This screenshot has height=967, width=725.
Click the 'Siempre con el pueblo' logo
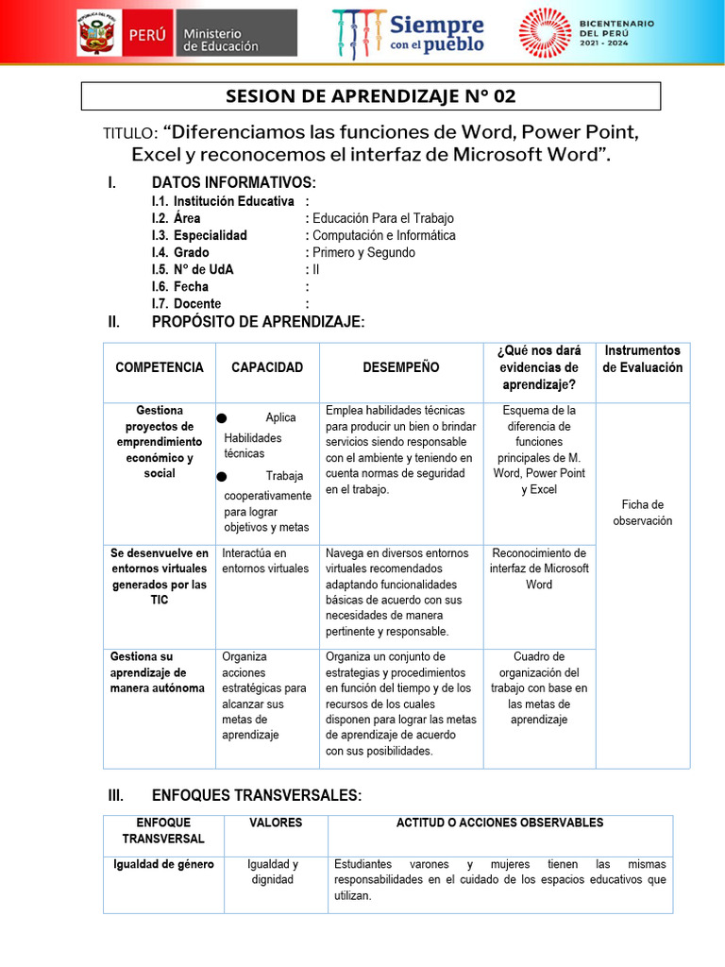click(x=408, y=33)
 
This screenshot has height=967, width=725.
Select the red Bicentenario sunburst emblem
click(x=545, y=33)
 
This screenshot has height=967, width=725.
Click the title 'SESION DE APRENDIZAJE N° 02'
click(x=371, y=96)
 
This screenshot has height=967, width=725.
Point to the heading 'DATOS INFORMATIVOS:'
click(x=233, y=182)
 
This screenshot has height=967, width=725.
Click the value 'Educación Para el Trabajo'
click(x=382, y=218)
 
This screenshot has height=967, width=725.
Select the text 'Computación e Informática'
click(x=383, y=235)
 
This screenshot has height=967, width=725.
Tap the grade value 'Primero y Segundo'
click(x=363, y=252)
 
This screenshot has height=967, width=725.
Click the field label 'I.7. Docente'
click(x=186, y=303)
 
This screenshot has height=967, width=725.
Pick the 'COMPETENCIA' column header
click(x=160, y=367)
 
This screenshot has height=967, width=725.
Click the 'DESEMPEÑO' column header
click(x=400, y=367)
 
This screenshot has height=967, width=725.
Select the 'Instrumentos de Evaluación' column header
click(x=642, y=359)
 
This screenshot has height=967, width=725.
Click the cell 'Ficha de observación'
click(x=642, y=513)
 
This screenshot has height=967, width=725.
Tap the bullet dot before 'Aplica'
click(x=222, y=418)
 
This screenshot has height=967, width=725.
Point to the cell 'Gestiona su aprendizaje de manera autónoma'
click(x=157, y=671)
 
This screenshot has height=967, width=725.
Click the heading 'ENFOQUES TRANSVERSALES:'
click(x=256, y=796)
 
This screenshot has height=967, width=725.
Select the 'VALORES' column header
click(x=276, y=823)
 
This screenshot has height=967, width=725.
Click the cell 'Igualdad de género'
click(x=163, y=864)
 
